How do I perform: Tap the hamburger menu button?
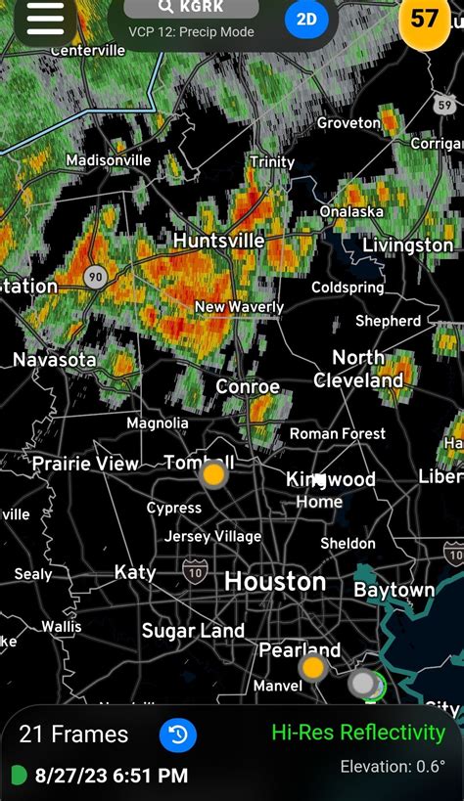(45, 18)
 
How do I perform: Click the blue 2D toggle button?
(306, 19)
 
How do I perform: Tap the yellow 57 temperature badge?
(425, 19)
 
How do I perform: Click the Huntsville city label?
(218, 241)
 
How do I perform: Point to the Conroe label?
(248, 386)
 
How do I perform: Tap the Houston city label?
(275, 582)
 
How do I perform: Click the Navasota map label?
(55, 360)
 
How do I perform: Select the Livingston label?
(407, 245)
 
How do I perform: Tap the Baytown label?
(394, 591)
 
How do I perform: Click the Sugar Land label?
(193, 631)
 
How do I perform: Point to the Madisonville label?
(109, 160)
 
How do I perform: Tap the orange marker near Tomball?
(212, 476)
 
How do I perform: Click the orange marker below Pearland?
(312, 668)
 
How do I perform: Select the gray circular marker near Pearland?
(363, 683)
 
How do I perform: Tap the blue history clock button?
(178, 734)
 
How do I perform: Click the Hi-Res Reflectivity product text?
(357, 733)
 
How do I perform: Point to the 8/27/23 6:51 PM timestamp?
(111, 776)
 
